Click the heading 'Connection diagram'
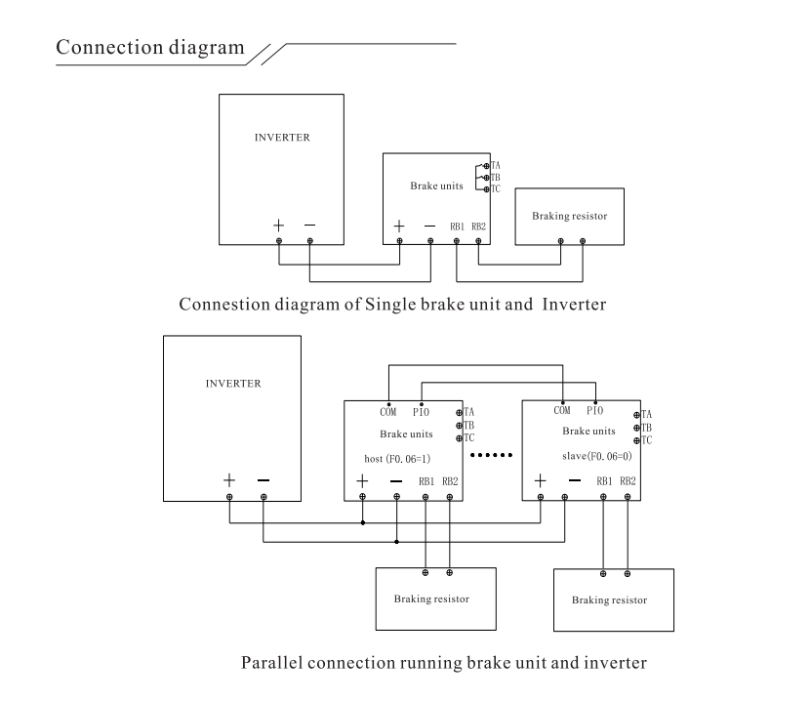click(x=150, y=48)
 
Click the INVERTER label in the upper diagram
click(x=282, y=138)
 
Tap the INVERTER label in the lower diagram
click(x=233, y=383)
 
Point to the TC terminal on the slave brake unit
click(x=638, y=440)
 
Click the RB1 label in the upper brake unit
click(x=457, y=227)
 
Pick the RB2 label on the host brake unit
click(x=450, y=480)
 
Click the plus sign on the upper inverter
click(x=279, y=225)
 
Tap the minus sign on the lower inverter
click(x=264, y=480)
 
